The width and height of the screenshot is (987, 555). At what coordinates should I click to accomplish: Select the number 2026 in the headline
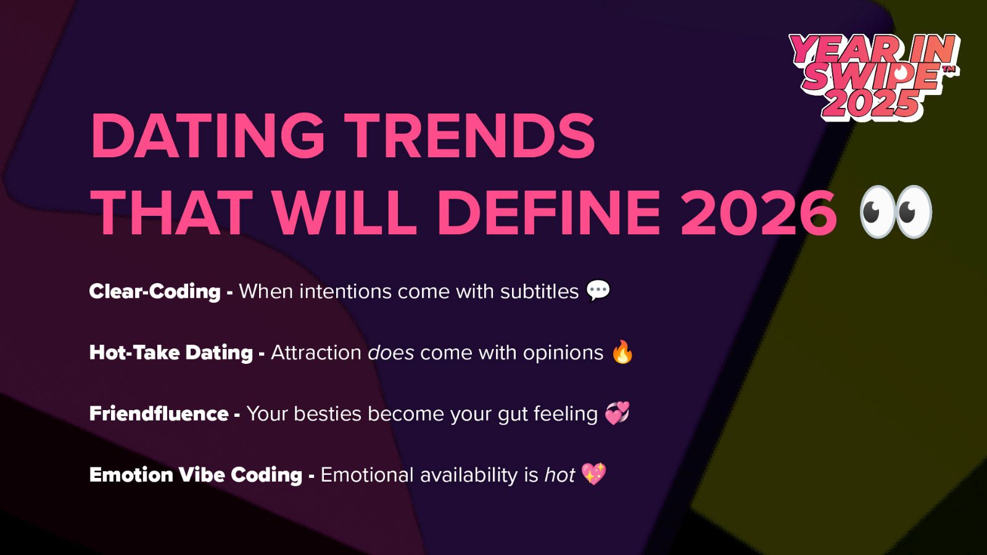[758, 212]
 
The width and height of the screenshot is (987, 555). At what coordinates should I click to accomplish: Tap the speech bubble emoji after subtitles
[598, 290]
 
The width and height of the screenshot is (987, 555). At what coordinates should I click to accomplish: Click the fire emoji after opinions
[622, 352]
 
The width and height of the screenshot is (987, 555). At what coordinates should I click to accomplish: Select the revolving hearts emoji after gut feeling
[617, 413]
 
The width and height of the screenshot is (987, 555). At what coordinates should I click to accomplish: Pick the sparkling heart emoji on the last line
[594, 474]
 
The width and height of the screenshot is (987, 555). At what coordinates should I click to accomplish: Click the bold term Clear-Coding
[155, 291]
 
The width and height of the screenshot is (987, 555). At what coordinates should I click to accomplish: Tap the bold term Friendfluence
[159, 413]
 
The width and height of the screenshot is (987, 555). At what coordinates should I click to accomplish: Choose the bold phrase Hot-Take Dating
[171, 352]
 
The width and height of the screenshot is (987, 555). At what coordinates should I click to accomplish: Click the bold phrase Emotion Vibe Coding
[196, 474]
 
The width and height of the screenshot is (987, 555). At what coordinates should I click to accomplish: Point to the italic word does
[390, 353]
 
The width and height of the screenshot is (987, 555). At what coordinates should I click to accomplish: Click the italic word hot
[559, 475]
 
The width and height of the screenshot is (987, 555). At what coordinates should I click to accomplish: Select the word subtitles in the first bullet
[539, 291]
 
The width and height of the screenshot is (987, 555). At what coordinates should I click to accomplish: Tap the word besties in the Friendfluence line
[327, 413]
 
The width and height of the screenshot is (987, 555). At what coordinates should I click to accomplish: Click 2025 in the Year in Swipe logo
[870, 104]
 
